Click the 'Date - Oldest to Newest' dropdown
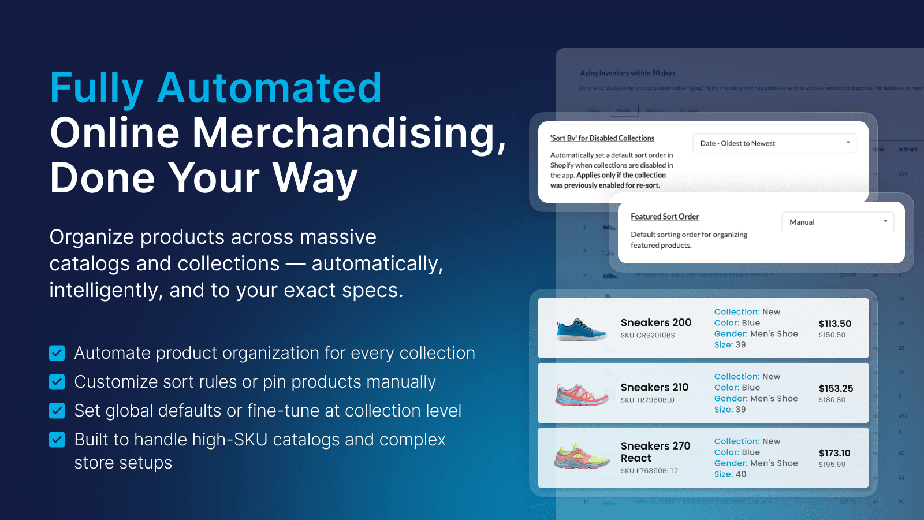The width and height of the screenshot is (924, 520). (774, 143)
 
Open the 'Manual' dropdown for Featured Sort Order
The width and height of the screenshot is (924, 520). (837, 222)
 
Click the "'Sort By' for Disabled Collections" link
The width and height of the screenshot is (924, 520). (602, 138)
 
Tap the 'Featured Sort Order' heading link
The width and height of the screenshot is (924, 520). (665, 217)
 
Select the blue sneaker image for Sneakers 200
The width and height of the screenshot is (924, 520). (581, 329)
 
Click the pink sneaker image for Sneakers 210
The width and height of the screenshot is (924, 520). (582, 394)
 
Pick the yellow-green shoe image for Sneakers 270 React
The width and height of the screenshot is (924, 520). (582, 457)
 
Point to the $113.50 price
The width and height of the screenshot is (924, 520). (834, 324)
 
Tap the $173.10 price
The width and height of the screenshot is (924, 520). (834, 453)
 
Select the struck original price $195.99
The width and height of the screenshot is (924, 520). (832, 465)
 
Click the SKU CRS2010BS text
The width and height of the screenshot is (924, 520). (647, 335)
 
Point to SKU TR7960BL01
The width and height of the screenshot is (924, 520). (649, 400)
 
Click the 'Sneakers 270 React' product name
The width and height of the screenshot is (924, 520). (655, 452)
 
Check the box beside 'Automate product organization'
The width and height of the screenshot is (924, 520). (57, 353)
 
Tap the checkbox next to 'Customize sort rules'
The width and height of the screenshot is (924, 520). (57, 382)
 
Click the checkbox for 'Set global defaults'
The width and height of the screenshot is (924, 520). (57, 411)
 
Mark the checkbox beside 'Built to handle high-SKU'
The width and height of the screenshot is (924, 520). (57, 440)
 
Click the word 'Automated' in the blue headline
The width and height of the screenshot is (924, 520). (269, 88)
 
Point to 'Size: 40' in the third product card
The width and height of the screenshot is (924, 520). (730, 474)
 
